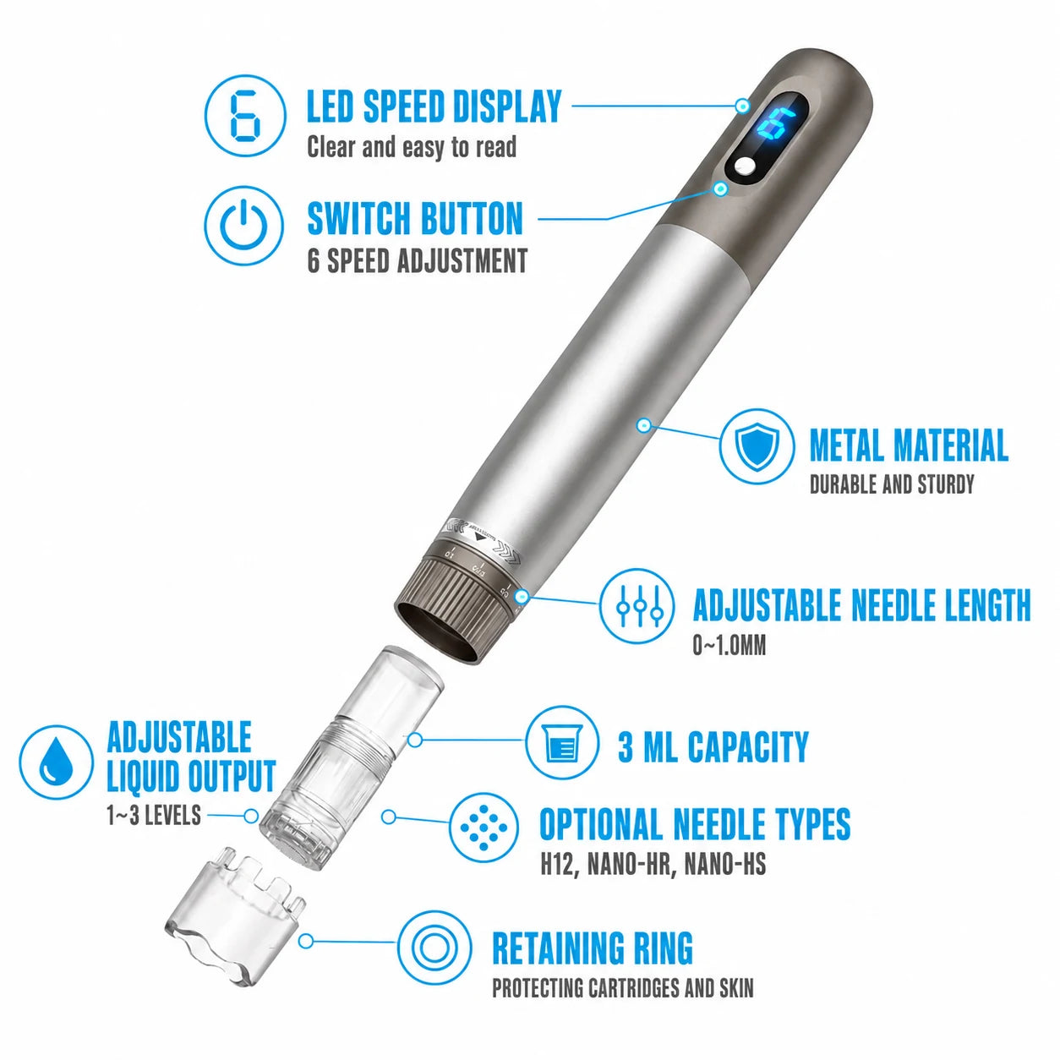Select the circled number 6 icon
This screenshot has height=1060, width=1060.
(x=245, y=116)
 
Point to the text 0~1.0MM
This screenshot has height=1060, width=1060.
(x=729, y=646)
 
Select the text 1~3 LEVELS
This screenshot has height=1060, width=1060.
(x=154, y=815)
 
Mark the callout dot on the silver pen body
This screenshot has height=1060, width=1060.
(x=644, y=425)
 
